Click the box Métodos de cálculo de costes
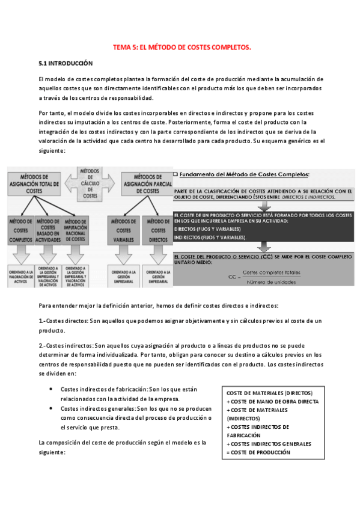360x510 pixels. [x=90, y=183]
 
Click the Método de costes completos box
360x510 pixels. [x=20, y=230]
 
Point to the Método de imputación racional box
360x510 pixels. [x=76, y=230]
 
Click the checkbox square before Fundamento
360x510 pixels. [x=175, y=174]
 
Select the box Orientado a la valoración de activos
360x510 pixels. [x=20, y=275]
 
